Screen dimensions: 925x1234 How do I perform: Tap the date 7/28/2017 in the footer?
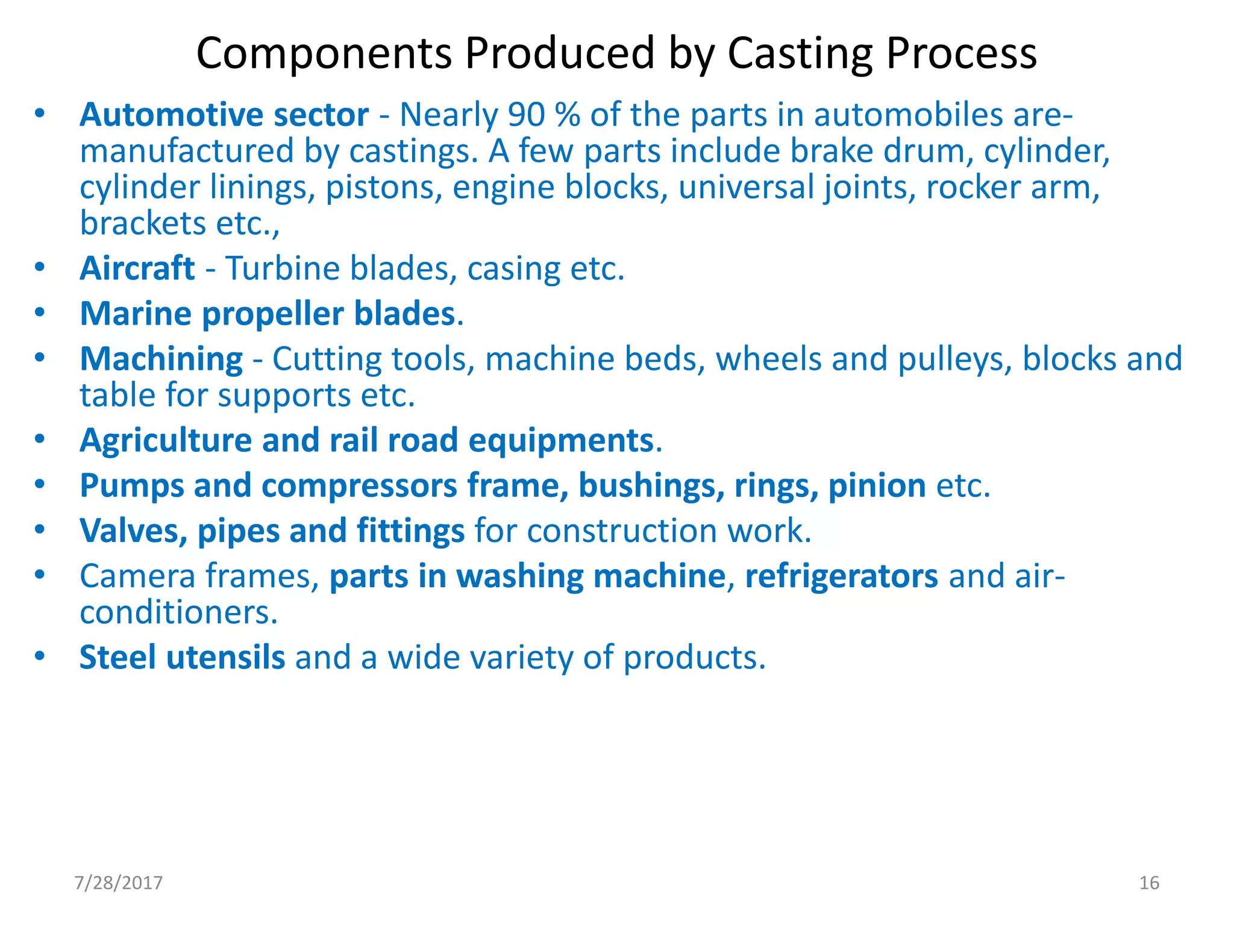tap(119, 883)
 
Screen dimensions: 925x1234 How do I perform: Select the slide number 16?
tap(1149, 883)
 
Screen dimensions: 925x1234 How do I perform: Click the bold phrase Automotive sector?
tap(224, 114)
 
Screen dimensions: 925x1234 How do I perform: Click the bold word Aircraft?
tap(137, 268)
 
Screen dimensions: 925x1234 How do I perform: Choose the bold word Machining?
tap(161, 359)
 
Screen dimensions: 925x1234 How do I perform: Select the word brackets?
tap(143, 223)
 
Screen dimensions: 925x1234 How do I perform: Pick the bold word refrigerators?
tap(841, 576)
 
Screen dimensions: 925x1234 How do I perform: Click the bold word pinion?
tap(877, 485)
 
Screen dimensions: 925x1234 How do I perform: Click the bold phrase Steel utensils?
tap(182, 657)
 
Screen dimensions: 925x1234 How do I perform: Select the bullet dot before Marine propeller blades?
tap(40, 313)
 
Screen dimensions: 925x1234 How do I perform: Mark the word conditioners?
tap(178, 612)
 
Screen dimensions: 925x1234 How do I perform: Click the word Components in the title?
tap(324, 54)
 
